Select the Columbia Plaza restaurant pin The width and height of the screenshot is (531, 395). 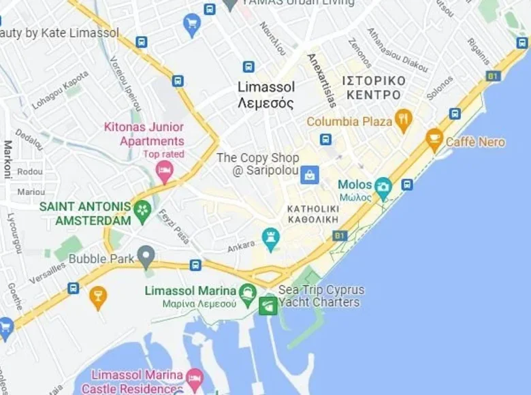404,121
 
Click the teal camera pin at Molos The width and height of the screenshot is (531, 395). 383,187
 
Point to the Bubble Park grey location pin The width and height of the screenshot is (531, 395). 146,257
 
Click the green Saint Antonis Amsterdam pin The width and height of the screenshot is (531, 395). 142,211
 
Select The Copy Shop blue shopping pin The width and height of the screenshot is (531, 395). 310,174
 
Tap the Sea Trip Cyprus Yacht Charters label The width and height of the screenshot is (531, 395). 320,296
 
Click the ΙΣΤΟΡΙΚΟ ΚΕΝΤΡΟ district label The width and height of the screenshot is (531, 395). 374,87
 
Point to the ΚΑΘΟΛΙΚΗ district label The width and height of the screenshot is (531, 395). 313,215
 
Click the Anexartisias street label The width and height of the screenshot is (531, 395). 322,80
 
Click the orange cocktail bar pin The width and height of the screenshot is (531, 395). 98,297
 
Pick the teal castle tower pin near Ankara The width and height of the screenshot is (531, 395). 271,238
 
